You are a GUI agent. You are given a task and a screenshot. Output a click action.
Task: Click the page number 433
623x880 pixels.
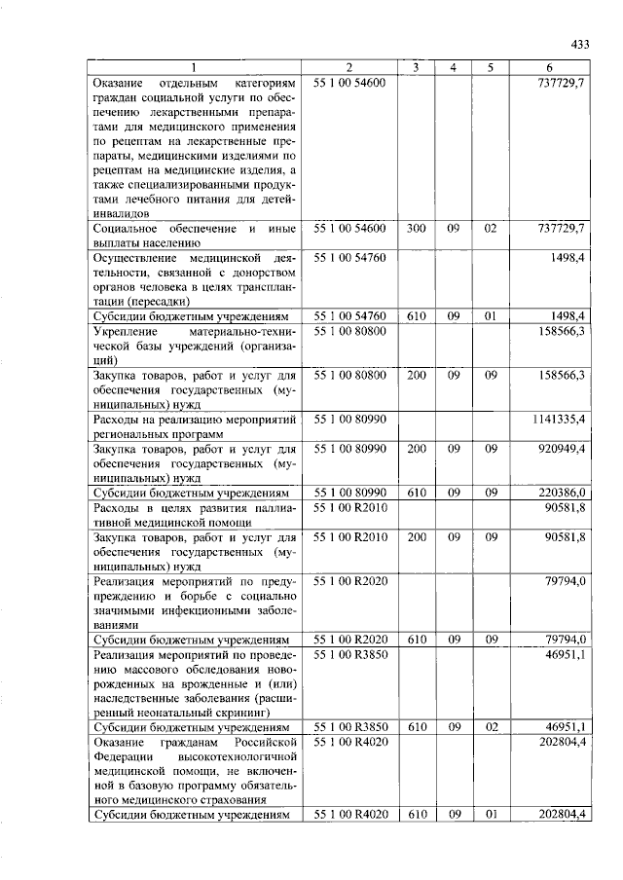[x=579, y=44]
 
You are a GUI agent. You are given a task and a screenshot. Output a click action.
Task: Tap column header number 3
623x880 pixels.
[x=416, y=67]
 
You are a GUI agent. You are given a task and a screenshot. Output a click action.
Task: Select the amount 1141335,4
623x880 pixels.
[x=559, y=419]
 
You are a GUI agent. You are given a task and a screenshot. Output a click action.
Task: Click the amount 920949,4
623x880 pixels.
[x=563, y=450]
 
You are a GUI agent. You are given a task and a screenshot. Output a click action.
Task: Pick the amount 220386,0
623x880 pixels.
[x=563, y=494]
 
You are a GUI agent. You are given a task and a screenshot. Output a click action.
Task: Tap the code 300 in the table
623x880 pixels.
[x=416, y=228]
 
